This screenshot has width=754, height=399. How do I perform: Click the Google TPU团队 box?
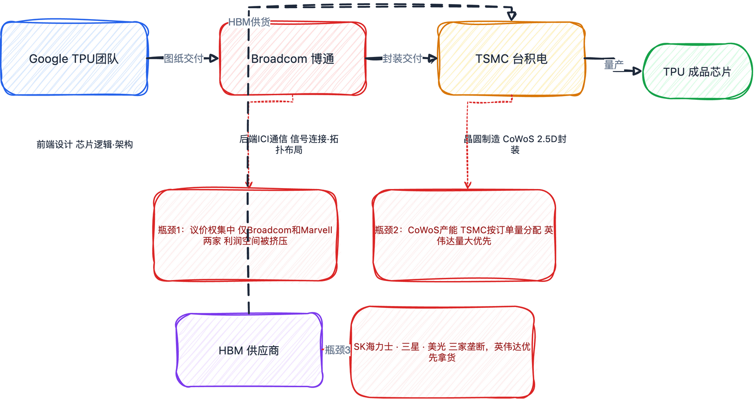[74, 59]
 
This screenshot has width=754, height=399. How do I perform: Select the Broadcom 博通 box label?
[293, 59]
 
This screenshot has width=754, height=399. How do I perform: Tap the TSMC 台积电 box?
[511, 59]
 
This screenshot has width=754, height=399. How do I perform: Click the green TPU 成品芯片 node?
[697, 72]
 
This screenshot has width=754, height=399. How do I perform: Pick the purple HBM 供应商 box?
[249, 350]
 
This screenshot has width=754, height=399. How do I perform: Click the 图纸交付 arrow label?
[184, 58]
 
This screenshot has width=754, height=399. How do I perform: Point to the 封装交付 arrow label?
[402, 58]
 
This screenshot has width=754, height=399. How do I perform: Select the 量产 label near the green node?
[614, 65]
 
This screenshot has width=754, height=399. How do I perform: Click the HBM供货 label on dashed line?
[249, 22]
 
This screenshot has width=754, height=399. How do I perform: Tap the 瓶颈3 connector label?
[337, 350]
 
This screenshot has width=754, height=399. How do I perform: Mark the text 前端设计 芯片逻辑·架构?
[85, 144]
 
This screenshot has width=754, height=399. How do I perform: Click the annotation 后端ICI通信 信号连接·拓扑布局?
[289, 144]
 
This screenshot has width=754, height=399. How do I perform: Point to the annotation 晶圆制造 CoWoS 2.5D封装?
[515, 144]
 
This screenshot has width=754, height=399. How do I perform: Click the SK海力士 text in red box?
[442, 352]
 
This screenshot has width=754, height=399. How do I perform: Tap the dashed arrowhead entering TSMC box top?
[512, 16]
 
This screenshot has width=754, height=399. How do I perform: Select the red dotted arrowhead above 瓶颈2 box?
[468, 184]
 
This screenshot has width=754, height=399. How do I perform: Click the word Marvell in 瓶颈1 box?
[316, 230]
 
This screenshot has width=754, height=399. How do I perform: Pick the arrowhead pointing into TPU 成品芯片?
[637, 71]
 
